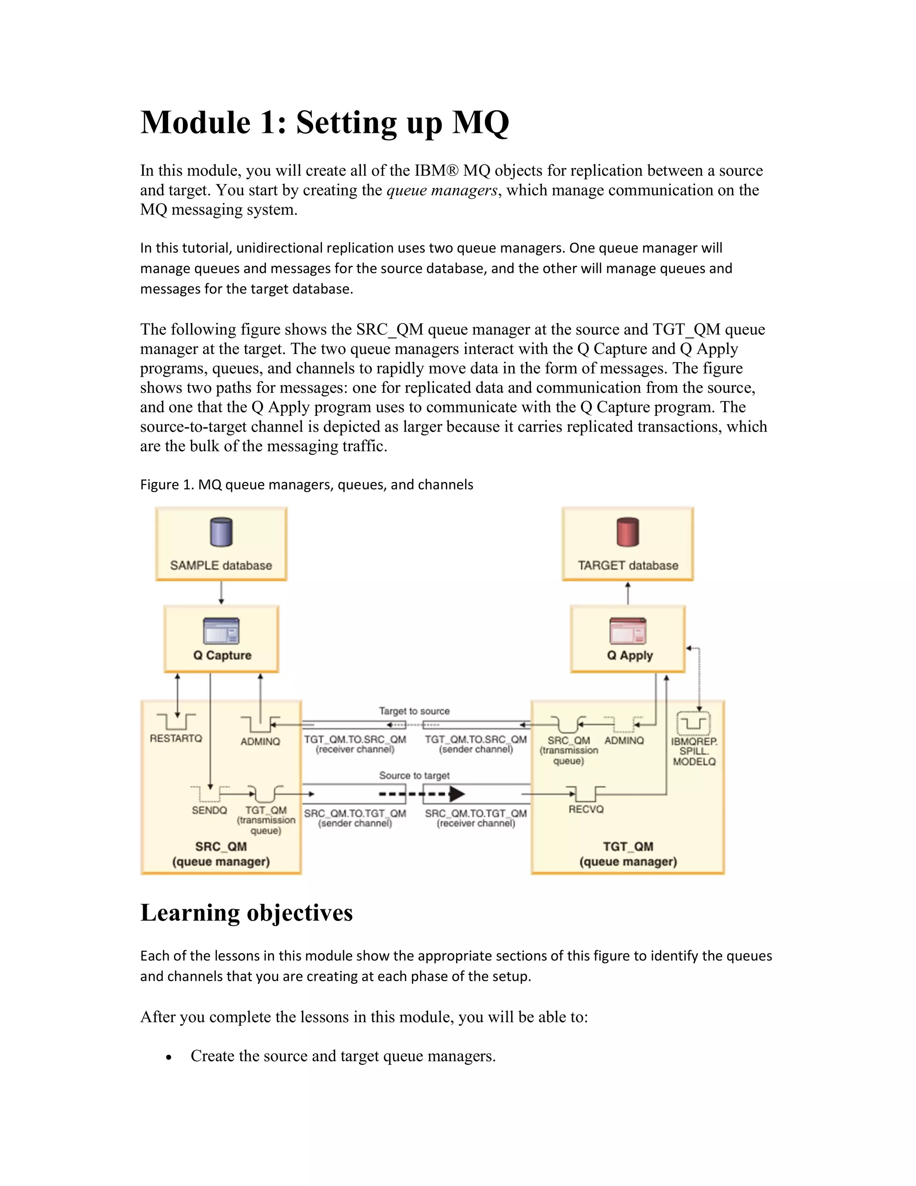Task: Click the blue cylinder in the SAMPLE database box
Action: [x=221, y=532]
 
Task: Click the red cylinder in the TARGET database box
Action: [x=628, y=532]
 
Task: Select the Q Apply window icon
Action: [x=628, y=631]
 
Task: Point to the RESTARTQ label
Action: [x=176, y=738]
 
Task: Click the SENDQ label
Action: [x=209, y=810]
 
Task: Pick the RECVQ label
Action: [x=586, y=809]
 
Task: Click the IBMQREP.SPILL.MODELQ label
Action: [x=694, y=751]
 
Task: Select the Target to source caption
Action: [x=414, y=711]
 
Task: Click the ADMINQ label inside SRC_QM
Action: [x=260, y=741]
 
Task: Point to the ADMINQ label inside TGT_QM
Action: [x=624, y=740]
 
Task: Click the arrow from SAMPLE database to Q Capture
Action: [x=221, y=593]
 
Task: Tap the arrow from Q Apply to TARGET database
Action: [x=628, y=593]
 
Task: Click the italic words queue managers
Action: [x=442, y=190]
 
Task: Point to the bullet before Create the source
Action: [x=170, y=1057]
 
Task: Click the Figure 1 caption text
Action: [x=306, y=484]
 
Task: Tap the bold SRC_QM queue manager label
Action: [x=221, y=847]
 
